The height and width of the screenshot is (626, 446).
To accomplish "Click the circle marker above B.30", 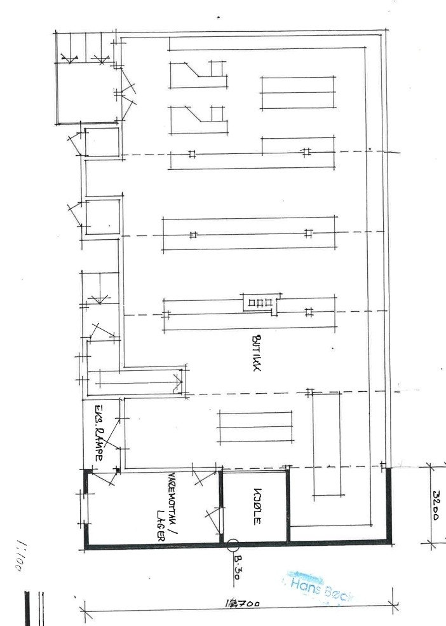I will (x=233, y=545).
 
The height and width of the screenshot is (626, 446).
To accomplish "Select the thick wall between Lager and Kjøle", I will (x=221, y=506).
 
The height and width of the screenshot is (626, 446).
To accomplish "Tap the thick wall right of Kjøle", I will (x=287, y=506).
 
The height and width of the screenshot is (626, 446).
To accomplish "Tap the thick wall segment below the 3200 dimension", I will (x=388, y=506).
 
